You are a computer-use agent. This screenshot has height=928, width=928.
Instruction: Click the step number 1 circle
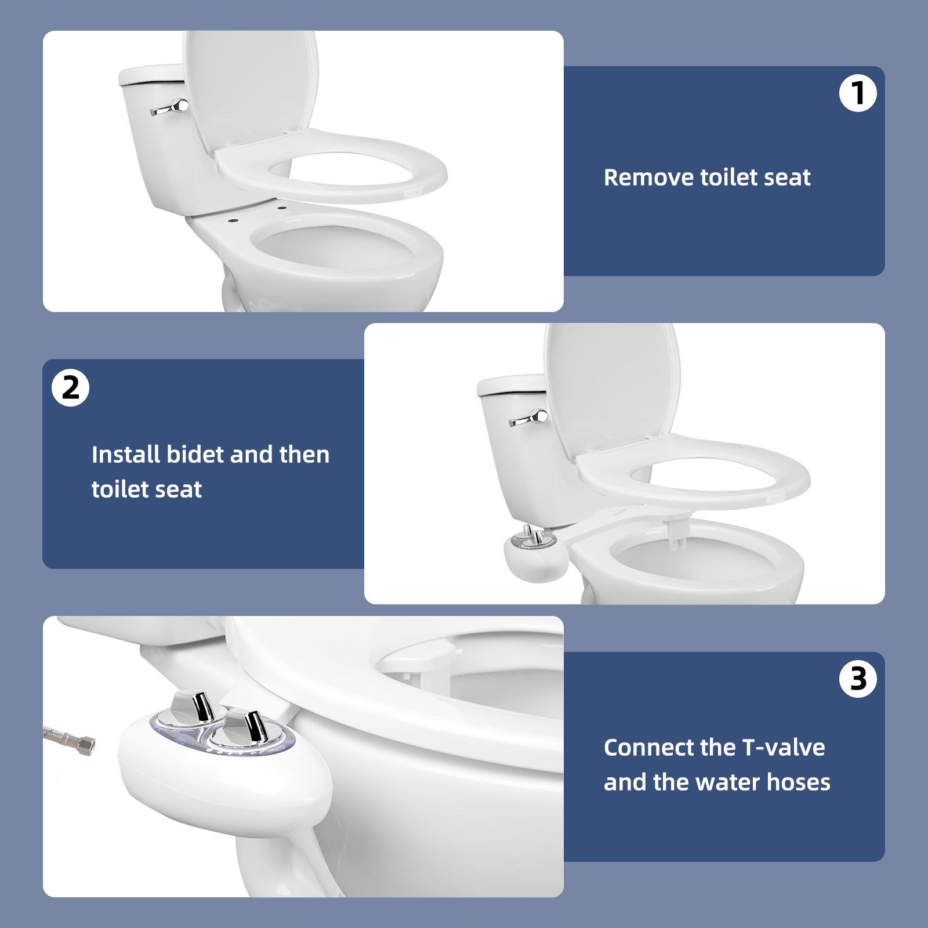(x=858, y=94)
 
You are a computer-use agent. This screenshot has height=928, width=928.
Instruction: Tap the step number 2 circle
(x=70, y=387)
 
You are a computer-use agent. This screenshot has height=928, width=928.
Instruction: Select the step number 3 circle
(x=858, y=679)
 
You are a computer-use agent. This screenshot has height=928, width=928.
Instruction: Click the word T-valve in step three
(x=791, y=748)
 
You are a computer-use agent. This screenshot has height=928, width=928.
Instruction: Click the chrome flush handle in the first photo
(x=172, y=107)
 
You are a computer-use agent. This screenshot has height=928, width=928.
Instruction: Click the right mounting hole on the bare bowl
(x=282, y=207)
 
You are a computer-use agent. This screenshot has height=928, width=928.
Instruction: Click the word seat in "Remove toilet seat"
(x=787, y=177)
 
